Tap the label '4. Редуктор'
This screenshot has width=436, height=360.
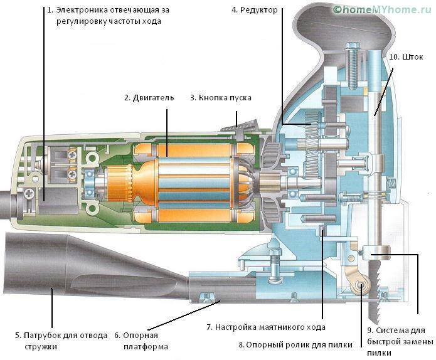[x=254, y=11]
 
